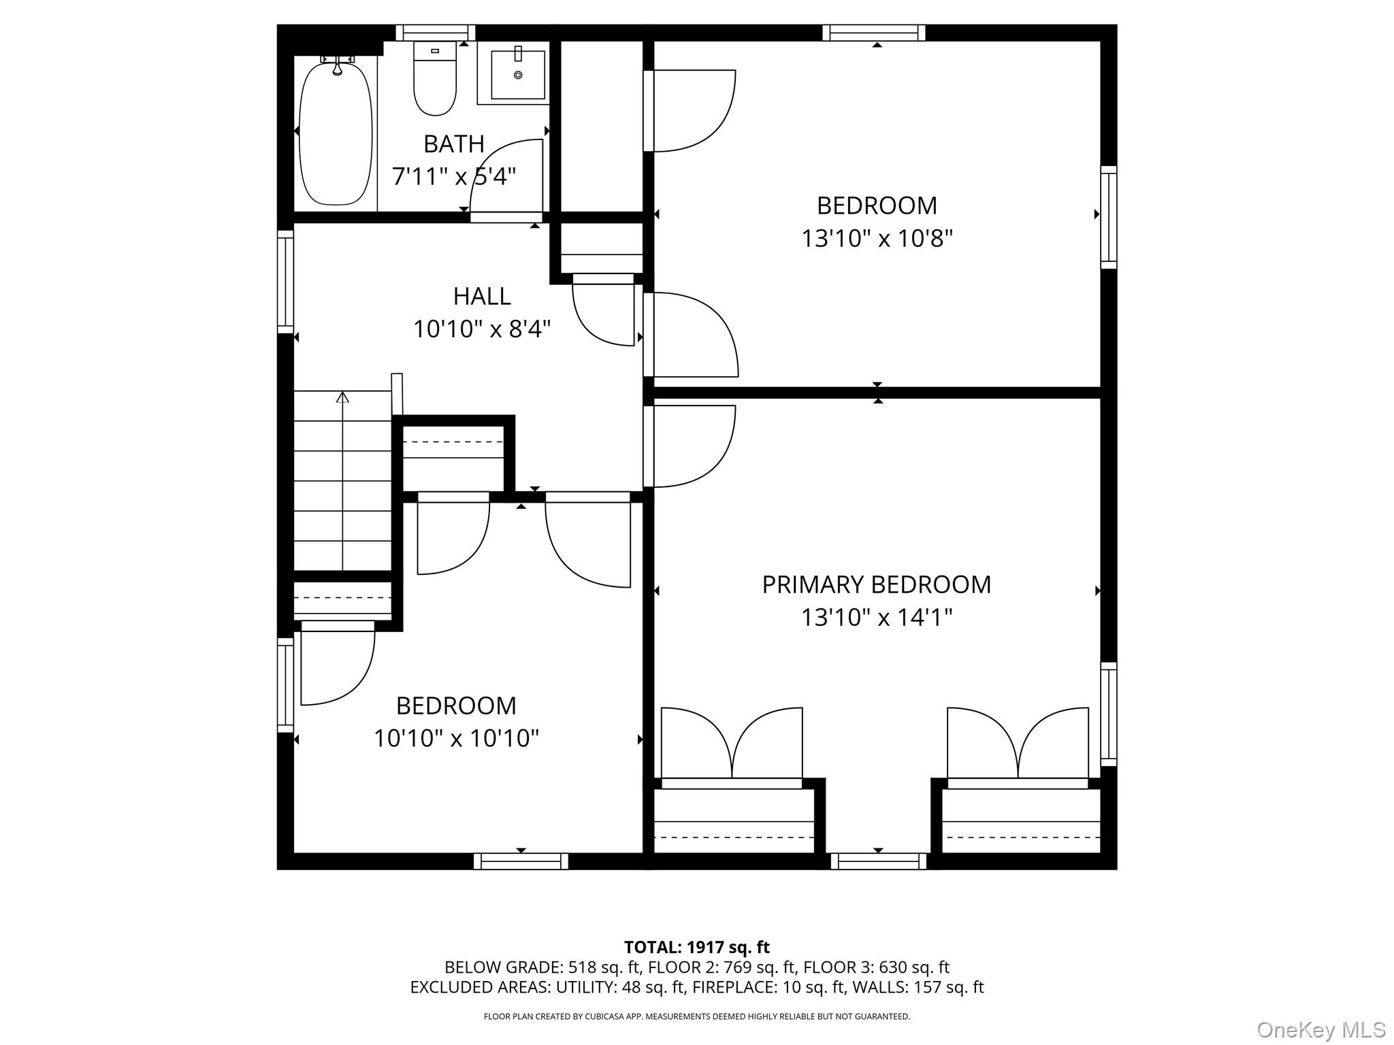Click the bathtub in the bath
pyautogui.click(x=336, y=131)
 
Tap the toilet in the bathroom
pyautogui.click(x=435, y=78)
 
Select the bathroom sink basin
pyautogui.click(x=518, y=74)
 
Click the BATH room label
pyautogui.click(x=454, y=144)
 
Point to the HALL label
pyautogui.click(x=482, y=296)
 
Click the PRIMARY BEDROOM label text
pyautogui.click(x=877, y=584)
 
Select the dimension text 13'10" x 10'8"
pyautogui.click(x=877, y=239)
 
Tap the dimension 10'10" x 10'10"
pyautogui.click(x=456, y=738)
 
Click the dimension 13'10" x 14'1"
pyautogui.click(x=877, y=618)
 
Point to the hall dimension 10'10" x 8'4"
pyautogui.click(x=482, y=329)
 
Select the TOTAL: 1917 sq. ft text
pyautogui.click(x=697, y=947)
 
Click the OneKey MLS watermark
pyautogui.click(x=1321, y=1029)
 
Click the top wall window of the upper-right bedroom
pyautogui.click(x=874, y=33)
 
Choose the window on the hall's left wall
pyautogui.click(x=285, y=282)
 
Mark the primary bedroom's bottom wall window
pyautogui.click(x=879, y=861)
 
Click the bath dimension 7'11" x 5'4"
pyautogui.click(x=454, y=177)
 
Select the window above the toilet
pyautogui.click(x=436, y=33)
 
